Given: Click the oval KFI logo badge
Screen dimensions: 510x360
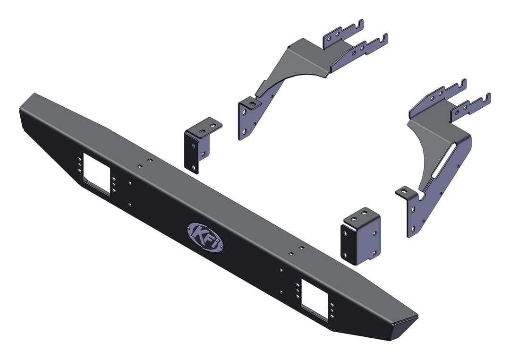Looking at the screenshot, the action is coord(205,237).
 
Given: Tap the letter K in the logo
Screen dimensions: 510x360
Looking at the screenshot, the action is coord(198,233).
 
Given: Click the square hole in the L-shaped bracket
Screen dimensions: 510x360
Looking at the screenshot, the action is coord(203,154).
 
